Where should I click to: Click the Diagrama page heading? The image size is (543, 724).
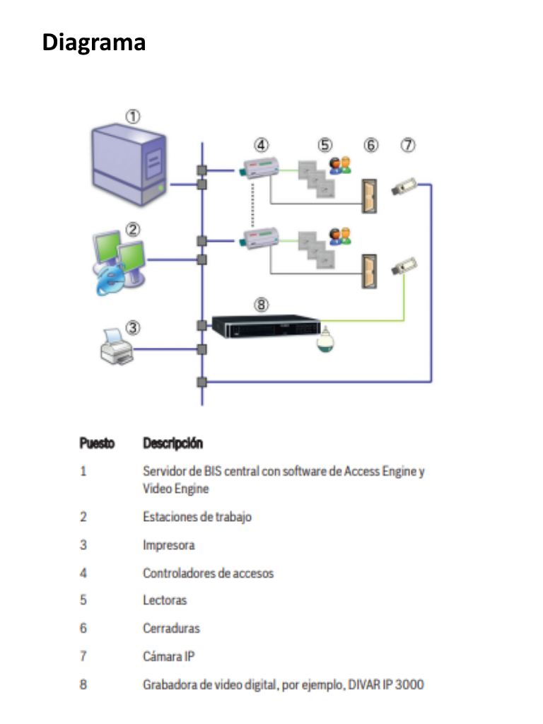(x=94, y=42)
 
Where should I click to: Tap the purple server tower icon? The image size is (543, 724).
(x=132, y=165)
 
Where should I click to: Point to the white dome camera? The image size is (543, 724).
(x=327, y=339)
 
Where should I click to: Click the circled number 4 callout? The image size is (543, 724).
(x=262, y=145)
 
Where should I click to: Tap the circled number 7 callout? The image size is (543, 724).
(x=408, y=145)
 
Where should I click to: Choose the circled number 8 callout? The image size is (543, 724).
(x=262, y=305)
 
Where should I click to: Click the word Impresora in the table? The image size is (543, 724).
(x=168, y=545)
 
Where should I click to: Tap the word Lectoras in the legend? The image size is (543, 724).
(x=165, y=600)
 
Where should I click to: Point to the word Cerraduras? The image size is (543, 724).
(x=171, y=628)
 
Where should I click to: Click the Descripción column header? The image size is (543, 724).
(x=173, y=443)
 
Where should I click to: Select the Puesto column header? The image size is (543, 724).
(x=97, y=443)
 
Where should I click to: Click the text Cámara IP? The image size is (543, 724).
(x=168, y=656)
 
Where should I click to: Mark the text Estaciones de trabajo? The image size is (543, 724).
(x=197, y=516)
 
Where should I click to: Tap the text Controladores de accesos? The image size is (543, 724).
(x=208, y=573)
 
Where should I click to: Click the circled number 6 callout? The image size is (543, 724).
(x=371, y=145)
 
